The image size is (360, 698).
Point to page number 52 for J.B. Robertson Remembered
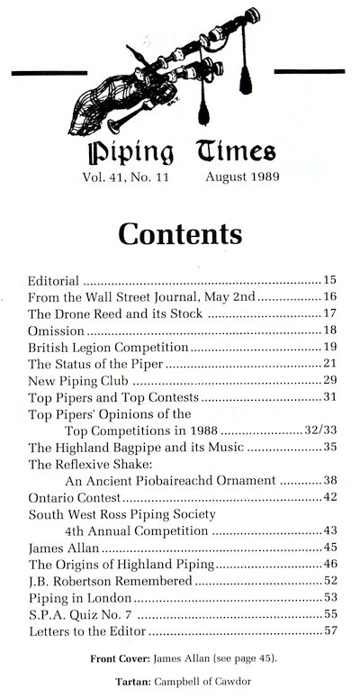tap(328, 581)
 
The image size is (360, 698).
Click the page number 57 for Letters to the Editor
tap(328, 630)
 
